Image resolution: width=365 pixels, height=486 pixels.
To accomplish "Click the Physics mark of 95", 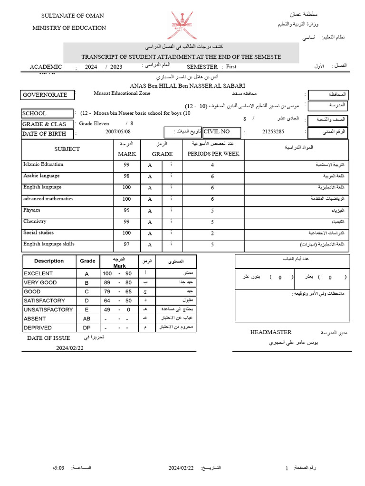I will click(126, 211).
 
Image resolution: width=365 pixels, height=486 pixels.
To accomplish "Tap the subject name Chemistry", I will click(35, 222).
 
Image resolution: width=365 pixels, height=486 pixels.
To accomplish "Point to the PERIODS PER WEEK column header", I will click(213, 154).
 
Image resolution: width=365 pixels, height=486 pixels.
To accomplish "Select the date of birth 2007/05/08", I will click(118, 132).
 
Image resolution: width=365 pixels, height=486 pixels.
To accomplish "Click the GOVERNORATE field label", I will click(45, 95).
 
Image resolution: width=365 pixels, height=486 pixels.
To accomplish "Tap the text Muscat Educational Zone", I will click(122, 93).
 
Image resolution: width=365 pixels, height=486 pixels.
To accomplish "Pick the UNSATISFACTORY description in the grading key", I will click(48, 310).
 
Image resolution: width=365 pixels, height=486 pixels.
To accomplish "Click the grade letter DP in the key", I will click(86, 328).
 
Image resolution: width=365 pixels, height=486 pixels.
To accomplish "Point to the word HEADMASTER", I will click(271, 332).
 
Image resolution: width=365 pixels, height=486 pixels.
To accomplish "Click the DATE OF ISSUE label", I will click(48, 338).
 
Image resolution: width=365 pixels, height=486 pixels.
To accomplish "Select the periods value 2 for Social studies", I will click(212, 234).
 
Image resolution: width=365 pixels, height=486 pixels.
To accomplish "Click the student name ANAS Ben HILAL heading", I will click(181, 85).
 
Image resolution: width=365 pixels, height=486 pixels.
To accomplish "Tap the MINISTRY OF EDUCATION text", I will click(69, 28).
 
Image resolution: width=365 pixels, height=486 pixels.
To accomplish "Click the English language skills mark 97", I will click(126, 245).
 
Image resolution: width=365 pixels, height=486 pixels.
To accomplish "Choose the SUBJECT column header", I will click(67, 149).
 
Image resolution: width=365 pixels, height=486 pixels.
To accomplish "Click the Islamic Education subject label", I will click(43, 165).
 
